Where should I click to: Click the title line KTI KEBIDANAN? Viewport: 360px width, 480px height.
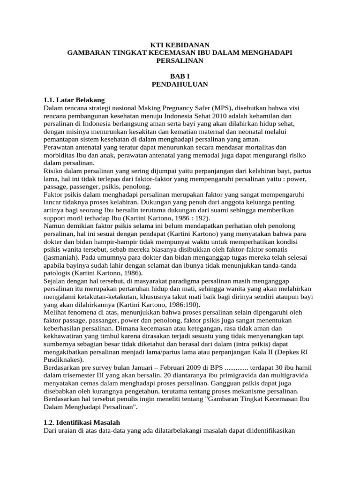180,45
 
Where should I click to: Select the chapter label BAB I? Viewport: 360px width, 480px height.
180,76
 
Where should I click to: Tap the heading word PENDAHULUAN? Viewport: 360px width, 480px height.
180,84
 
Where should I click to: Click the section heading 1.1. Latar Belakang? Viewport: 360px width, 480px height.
74,100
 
